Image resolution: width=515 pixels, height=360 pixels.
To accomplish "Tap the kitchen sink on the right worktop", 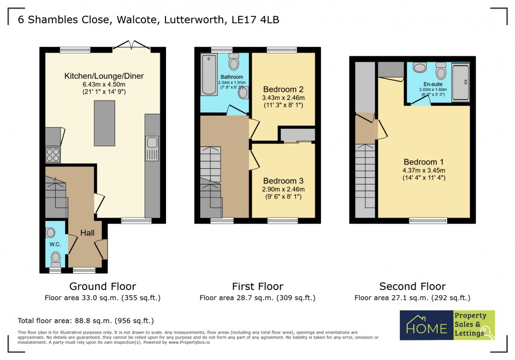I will click(x=152, y=142).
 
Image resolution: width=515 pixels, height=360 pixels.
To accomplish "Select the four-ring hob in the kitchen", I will click(x=53, y=155).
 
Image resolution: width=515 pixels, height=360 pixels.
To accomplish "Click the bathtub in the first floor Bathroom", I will click(x=209, y=75).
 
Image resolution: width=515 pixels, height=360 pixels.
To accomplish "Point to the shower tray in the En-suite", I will click(x=461, y=82).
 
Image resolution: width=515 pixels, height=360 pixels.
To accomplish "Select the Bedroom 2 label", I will click(x=283, y=89).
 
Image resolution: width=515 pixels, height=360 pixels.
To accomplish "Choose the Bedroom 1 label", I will click(x=424, y=161).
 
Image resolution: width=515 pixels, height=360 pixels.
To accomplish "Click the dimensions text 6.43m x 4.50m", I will click(x=104, y=84).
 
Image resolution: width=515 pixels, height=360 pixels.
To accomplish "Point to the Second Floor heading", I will click(x=413, y=286).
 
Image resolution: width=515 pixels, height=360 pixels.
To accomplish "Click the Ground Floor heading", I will click(x=102, y=286).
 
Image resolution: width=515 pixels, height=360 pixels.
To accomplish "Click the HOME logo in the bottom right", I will click(x=426, y=325).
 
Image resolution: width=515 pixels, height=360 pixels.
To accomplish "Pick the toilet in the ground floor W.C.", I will click(x=56, y=258).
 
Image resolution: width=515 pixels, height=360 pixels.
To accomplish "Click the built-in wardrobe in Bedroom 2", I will click(x=297, y=135).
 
